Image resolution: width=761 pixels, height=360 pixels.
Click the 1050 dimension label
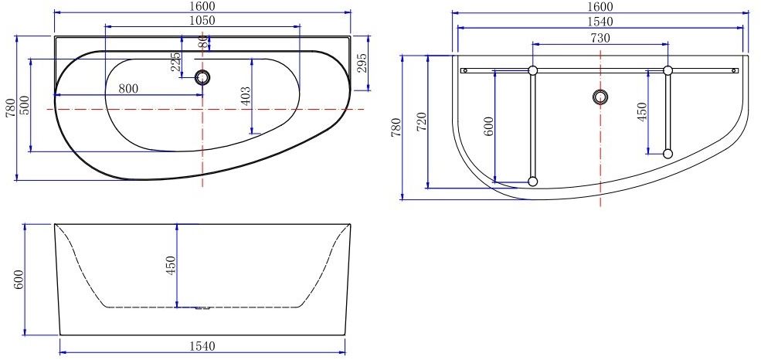point(202,21)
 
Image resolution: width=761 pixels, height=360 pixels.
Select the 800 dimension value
point(128,89)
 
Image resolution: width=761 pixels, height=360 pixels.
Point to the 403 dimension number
point(246,96)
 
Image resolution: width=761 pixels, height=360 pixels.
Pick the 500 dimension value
point(25,104)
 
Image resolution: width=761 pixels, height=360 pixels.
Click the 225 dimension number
point(176,62)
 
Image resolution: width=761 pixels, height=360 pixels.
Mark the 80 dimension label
point(203,42)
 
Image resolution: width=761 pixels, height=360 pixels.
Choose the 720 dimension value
point(421,121)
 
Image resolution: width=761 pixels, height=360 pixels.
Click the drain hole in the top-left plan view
point(203,76)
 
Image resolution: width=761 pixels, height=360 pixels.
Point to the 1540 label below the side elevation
point(202,345)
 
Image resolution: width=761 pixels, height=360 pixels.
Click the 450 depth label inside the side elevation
point(172,265)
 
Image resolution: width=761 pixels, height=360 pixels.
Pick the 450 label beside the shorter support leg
point(642,113)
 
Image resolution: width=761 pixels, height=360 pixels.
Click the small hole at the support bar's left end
point(464,70)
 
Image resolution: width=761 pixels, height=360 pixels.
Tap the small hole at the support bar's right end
point(734,70)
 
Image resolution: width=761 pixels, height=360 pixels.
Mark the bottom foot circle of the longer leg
point(532,182)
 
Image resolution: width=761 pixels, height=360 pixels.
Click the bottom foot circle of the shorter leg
point(668,154)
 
